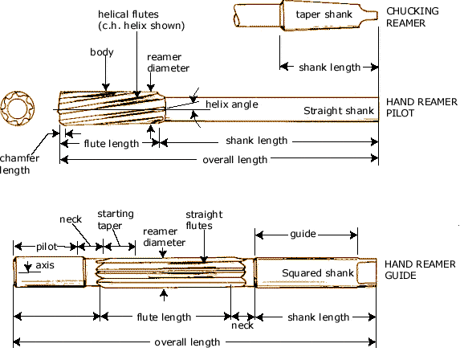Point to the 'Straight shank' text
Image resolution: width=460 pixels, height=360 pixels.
[336, 110]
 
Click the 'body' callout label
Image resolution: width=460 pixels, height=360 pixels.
[101, 52]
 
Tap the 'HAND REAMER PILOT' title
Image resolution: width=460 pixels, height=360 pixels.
[421, 108]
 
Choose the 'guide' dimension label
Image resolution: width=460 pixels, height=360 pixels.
[306, 233]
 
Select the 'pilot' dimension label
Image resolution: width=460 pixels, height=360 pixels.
[45, 246]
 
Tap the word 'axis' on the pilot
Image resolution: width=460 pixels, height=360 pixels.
[40, 264]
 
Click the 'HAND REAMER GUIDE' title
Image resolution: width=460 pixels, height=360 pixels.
[420, 269]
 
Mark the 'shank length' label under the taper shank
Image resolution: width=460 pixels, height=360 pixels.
[329, 67]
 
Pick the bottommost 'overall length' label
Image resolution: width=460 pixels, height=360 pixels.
[186, 342]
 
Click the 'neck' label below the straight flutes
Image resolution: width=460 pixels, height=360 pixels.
[242, 325]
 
